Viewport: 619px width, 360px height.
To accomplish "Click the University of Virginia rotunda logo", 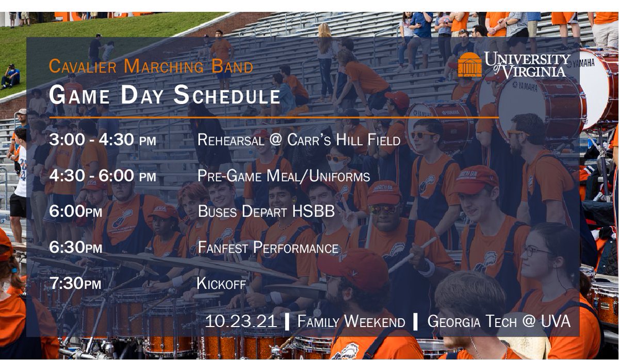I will pos(469,64).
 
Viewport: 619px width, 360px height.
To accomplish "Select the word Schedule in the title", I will pos(227,95).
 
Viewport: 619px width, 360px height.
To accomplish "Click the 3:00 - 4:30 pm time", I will pos(102,139).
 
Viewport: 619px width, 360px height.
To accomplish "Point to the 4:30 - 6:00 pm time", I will pos(102,176).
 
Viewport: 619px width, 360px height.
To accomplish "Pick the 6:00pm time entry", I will pos(75,211).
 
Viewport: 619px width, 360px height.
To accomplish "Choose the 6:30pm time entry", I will pos(75,248).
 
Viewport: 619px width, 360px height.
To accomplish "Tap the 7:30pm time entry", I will pos(75,283).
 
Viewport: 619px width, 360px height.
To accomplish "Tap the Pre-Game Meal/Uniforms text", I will pos(283,176).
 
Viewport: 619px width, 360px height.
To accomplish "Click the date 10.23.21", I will pos(241,321).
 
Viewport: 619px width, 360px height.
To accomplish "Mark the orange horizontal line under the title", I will pos(273,118).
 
